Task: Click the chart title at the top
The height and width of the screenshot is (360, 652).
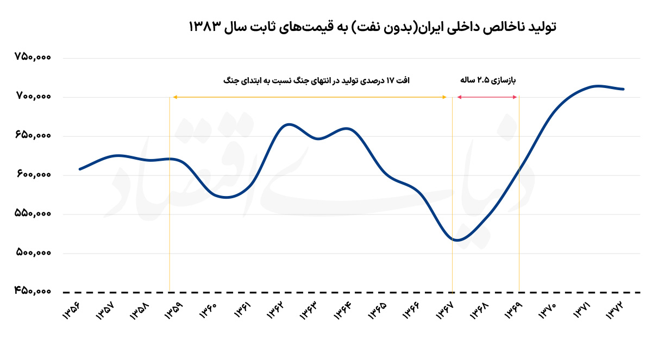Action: (x=372, y=27)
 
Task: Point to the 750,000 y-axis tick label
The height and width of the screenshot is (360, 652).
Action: (x=34, y=58)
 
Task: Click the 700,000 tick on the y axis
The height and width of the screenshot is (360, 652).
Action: (x=34, y=97)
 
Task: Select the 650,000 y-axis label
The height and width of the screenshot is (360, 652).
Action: (x=34, y=136)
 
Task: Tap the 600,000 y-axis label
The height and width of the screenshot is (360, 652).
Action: (x=34, y=175)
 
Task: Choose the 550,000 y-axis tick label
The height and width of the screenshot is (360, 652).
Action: (x=34, y=214)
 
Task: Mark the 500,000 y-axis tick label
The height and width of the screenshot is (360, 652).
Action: (x=34, y=253)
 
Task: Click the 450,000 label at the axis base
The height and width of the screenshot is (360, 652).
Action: (x=34, y=292)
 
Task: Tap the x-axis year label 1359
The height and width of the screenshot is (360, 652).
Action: (x=173, y=311)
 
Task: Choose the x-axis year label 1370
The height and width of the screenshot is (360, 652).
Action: (x=549, y=311)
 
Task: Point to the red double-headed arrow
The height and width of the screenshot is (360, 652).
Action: (x=486, y=97)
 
